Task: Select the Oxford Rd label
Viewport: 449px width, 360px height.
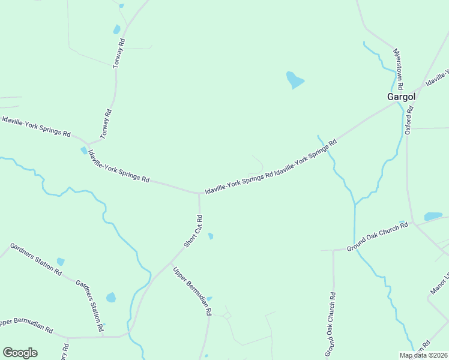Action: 409,120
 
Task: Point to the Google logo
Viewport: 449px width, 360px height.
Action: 20,353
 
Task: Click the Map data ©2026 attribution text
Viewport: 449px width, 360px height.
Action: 423,355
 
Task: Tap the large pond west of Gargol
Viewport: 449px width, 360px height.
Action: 294,80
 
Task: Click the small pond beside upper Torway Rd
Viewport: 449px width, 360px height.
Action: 116,29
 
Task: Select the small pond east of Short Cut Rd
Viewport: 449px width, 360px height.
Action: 210,236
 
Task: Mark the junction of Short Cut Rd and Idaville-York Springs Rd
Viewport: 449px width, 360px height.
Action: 200,193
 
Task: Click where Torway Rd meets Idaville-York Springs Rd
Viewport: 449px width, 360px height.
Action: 89,144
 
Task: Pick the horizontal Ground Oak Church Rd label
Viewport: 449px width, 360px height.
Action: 378,237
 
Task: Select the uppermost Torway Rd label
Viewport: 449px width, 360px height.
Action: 119,53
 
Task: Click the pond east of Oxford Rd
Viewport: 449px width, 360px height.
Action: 433,216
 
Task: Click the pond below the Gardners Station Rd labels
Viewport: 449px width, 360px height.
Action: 111,298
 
